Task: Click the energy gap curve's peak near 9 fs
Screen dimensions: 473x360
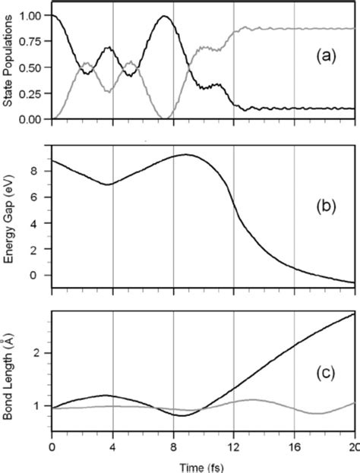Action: (185, 155)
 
